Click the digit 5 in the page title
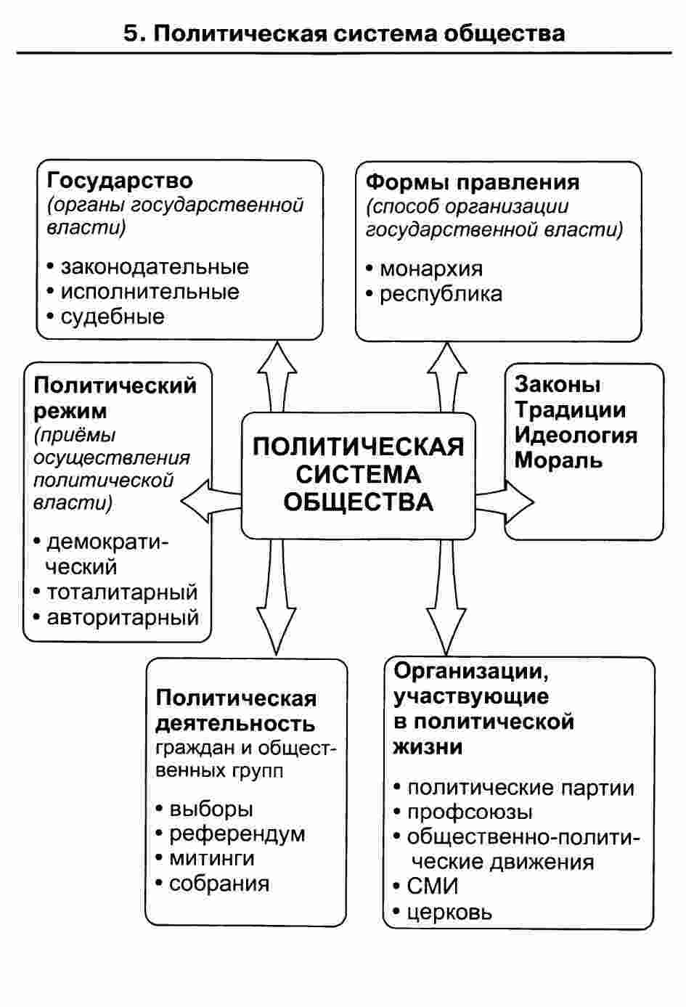click(131, 33)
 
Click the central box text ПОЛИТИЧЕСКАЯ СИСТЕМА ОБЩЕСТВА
click(359, 475)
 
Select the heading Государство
click(120, 182)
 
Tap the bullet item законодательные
click(155, 267)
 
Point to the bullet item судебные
click(113, 317)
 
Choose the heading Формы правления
click(473, 183)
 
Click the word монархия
click(431, 269)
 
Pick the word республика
click(441, 295)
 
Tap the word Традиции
click(570, 411)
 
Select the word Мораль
click(558, 460)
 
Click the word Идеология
click(576, 436)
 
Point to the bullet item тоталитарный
click(122, 592)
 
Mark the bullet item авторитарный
click(123, 618)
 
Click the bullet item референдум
click(237, 834)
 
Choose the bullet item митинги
click(211, 859)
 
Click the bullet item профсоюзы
click(470, 812)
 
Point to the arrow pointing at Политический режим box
click(211, 501)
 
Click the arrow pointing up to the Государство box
click(277, 377)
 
